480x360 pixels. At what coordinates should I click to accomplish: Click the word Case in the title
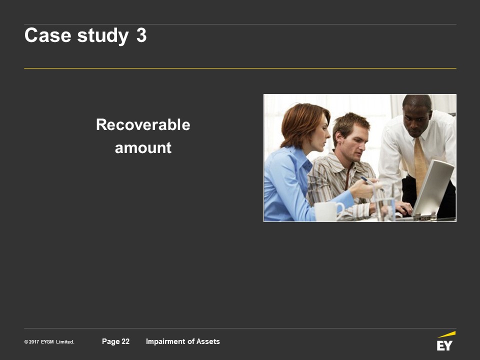(x=48, y=35)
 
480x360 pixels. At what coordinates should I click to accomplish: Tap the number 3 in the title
(x=141, y=35)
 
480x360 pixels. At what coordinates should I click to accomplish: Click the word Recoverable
(x=143, y=125)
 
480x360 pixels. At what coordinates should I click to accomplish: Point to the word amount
(x=143, y=148)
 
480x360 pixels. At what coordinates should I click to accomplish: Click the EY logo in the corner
(x=445, y=341)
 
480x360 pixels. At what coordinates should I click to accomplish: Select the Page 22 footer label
(x=115, y=341)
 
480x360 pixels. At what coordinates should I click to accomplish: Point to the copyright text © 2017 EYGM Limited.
(x=49, y=342)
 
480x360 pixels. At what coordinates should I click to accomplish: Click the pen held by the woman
(x=372, y=183)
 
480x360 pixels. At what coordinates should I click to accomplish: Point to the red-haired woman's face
(x=321, y=133)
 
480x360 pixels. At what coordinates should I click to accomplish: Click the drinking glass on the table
(x=384, y=202)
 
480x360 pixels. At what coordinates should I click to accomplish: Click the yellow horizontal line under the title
(x=240, y=68)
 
